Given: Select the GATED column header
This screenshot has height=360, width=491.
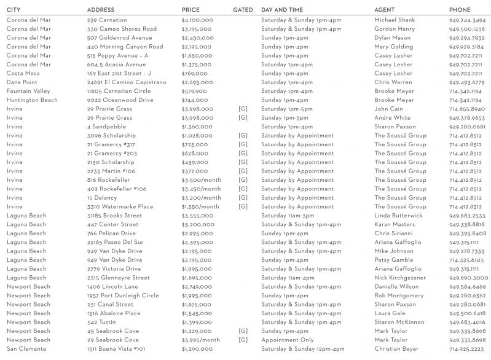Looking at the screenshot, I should (243, 10).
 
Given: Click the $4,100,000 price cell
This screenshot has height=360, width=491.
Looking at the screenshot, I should (197, 20).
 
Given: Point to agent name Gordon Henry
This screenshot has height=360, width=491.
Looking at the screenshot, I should (395, 29).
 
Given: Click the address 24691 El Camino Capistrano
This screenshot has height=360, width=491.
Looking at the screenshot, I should (127, 82).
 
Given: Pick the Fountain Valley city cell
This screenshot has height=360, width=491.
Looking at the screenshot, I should (28, 91).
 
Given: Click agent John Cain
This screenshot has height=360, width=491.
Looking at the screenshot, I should (389, 109).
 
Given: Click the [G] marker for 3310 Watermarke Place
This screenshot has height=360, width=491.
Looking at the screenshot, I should (243, 207).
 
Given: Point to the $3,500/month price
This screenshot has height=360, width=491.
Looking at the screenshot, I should (201, 180).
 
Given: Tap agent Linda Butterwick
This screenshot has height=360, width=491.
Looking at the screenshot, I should (399, 216).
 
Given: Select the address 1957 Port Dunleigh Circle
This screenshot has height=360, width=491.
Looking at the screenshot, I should (123, 295).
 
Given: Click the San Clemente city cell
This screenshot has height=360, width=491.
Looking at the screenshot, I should (26, 349).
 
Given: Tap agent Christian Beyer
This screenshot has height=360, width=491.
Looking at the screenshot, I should (396, 349).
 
